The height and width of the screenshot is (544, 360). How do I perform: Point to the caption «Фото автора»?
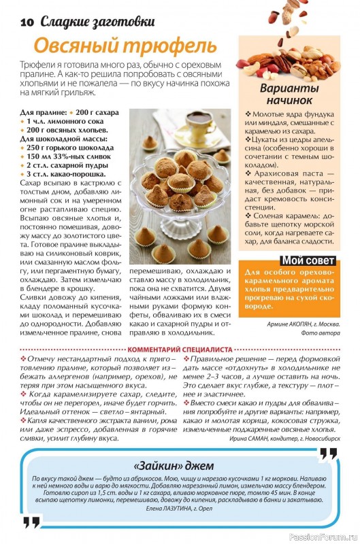coord(320,333)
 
